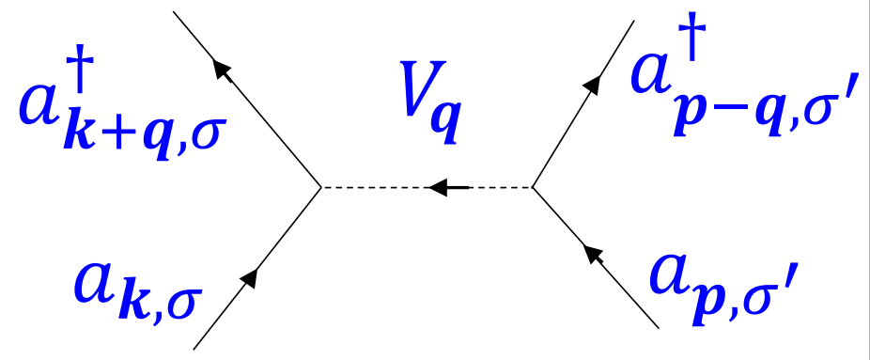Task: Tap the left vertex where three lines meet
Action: [x=322, y=188]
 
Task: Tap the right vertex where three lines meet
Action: [x=533, y=188]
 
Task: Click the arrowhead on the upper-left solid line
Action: [x=222, y=69]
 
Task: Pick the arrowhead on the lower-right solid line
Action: [x=590, y=252]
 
